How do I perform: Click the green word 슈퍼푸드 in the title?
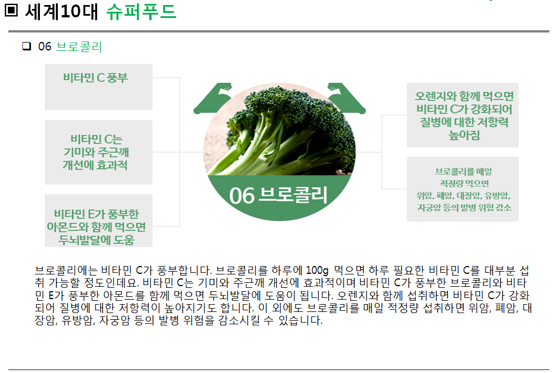(x=141, y=12)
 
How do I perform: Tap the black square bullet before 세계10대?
(x=11, y=10)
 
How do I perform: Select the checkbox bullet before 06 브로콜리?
(x=26, y=46)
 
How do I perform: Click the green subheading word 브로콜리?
(x=79, y=46)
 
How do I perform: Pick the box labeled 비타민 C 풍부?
(x=99, y=87)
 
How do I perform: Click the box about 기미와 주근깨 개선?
(x=99, y=152)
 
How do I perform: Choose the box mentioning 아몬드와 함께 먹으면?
(x=99, y=221)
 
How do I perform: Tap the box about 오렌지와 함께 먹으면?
(x=462, y=115)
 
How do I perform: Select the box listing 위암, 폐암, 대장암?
(x=462, y=189)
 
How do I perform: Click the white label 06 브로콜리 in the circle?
(x=278, y=195)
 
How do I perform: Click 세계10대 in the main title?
(x=61, y=12)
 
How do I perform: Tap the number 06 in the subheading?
(x=44, y=46)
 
